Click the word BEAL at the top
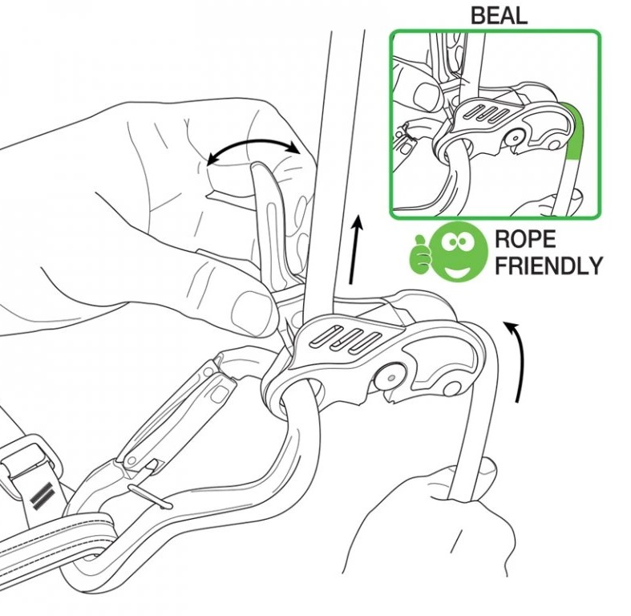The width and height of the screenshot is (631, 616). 499,16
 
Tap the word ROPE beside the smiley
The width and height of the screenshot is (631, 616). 524,239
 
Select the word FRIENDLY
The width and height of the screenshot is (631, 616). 548,265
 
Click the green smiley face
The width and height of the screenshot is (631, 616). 457,251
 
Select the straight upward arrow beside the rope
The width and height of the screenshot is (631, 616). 355,249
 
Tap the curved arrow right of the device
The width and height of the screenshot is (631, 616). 518,359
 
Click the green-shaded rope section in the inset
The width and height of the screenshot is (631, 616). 574,131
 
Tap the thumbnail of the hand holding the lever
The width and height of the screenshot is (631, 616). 252,312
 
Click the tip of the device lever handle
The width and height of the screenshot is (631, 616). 257,164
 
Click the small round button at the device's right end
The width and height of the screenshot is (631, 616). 451,388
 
